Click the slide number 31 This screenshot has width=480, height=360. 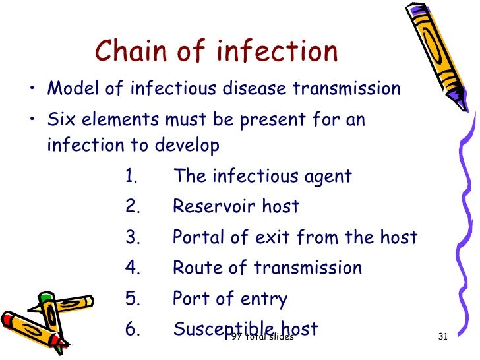442,338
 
